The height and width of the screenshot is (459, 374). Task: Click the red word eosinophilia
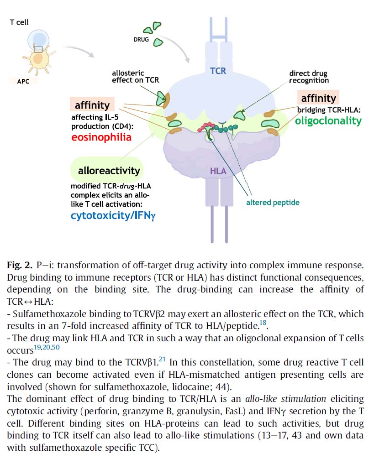tap(101, 137)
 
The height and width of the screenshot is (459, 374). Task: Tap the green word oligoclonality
tap(328, 121)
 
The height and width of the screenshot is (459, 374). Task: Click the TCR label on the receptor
tap(218, 71)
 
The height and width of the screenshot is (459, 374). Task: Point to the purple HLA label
tap(218, 171)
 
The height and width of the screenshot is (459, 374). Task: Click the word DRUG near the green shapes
tap(142, 40)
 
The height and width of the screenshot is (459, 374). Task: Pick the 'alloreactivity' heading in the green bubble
tap(109, 171)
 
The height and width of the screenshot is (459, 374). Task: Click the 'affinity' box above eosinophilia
tap(92, 105)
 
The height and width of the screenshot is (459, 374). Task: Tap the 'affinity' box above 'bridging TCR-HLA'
tap(317, 98)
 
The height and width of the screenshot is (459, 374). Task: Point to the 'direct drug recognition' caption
tap(309, 77)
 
